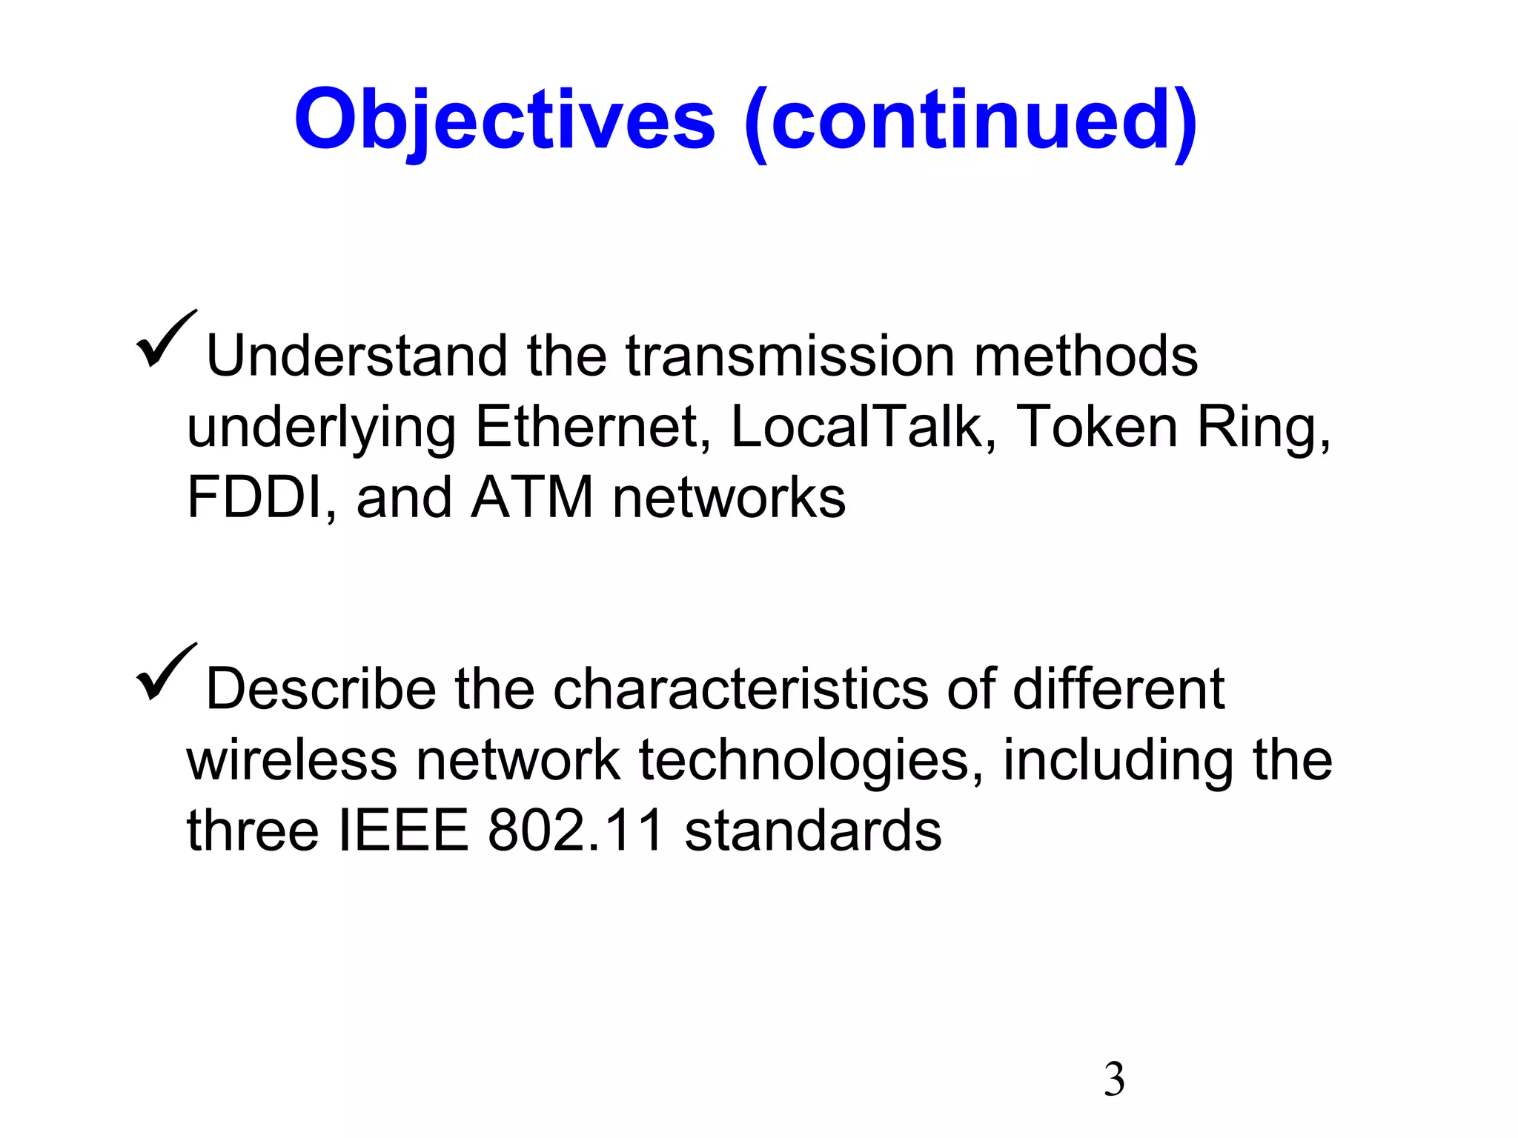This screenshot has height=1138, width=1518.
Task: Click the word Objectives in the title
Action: tap(505, 121)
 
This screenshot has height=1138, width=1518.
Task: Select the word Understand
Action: tap(357, 356)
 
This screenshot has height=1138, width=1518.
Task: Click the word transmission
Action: tap(790, 356)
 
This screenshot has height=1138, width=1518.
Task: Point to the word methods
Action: tap(1085, 356)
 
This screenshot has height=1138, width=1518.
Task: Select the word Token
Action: tap(1096, 427)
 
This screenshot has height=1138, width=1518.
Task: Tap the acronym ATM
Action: tap(532, 498)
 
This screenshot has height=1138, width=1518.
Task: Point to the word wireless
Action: tap(291, 761)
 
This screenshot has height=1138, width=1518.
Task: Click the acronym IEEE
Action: tap(403, 831)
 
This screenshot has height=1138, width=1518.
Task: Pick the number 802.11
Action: tap(576, 831)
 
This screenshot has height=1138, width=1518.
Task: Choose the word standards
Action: tap(812, 831)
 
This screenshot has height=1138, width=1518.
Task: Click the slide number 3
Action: tap(1113, 1079)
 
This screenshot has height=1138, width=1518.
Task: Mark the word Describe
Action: tap(320, 690)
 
